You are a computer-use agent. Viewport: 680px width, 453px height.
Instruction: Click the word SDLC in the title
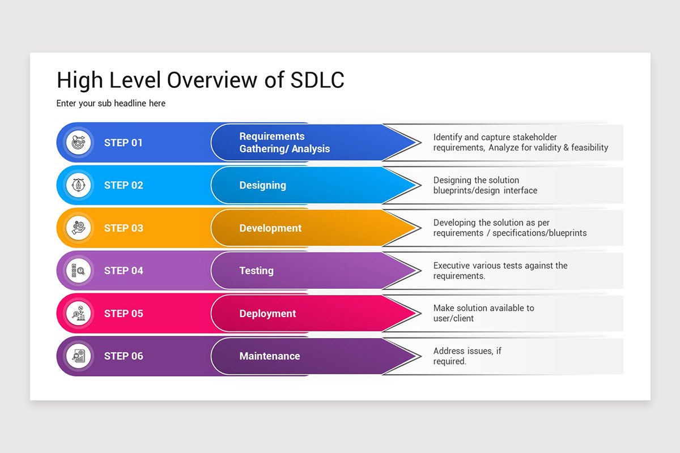click(x=317, y=80)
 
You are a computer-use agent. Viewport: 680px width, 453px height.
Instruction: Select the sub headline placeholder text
click(x=111, y=104)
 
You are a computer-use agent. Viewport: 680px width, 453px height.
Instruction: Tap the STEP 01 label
click(x=124, y=143)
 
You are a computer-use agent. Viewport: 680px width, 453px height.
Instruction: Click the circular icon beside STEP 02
click(x=78, y=185)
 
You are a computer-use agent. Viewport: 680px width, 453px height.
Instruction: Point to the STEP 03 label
click(x=124, y=228)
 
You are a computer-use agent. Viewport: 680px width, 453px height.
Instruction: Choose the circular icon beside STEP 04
click(x=78, y=271)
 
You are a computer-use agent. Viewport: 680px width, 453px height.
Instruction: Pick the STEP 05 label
click(x=124, y=314)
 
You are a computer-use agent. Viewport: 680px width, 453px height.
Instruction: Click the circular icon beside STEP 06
click(x=78, y=356)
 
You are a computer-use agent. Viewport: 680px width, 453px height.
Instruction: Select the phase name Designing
click(x=262, y=185)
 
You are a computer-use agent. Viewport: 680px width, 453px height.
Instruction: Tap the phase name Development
click(x=270, y=228)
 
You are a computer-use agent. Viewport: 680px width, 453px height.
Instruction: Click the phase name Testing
click(x=256, y=271)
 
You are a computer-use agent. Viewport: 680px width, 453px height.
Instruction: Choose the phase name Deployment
click(x=267, y=314)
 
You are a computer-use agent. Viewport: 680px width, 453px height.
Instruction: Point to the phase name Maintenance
click(x=270, y=356)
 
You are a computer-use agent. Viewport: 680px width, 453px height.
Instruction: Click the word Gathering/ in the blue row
click(x=263, y=149)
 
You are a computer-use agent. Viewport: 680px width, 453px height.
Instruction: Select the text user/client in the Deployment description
click(x=453, y=318)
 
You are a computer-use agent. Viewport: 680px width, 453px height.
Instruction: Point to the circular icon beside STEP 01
click(x=78, y=143)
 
